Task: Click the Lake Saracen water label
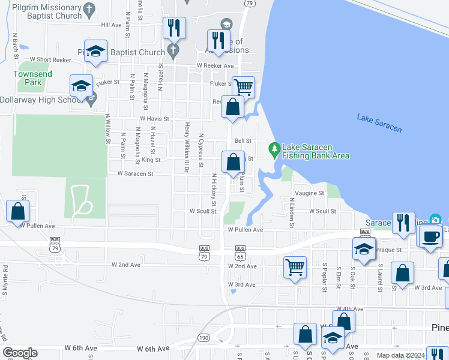(379, 122)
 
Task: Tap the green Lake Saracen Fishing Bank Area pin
(274, 148)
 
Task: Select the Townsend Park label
(32, 77)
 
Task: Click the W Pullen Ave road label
(245, 230)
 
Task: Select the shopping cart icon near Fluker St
(243, 87)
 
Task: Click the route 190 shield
(203, 338)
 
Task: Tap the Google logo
(20, 352)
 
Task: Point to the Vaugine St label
(309, 193)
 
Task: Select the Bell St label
(243, 141)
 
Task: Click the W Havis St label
(154, 119)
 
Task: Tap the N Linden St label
(292, 212)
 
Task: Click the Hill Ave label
(111, 25)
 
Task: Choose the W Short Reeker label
(45, 59)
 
